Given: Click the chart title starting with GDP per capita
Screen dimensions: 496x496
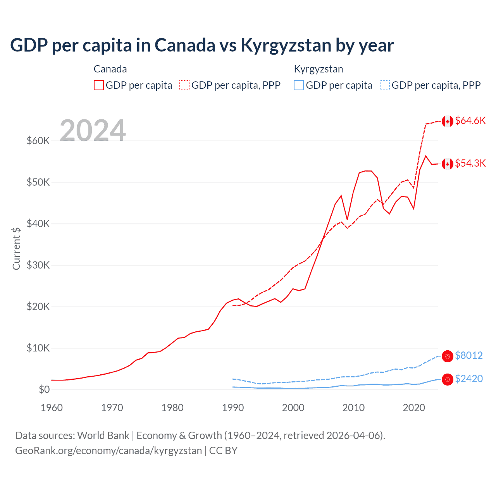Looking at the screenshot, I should coord(201,45).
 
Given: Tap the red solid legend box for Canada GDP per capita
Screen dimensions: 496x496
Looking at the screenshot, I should coord(99,85).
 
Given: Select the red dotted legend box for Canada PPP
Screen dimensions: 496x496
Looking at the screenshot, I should coord(184,85).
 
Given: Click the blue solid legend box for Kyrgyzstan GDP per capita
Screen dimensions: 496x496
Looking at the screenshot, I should coord(299,85).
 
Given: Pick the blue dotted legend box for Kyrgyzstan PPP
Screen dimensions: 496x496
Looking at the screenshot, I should coord(385,85).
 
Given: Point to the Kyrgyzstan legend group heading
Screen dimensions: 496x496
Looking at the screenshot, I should coord(319,69).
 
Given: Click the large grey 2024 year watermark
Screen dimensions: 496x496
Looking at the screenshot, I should coord(93,131).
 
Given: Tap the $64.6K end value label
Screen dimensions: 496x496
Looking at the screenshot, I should coord(470,121).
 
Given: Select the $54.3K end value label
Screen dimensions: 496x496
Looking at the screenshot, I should coord(470,164).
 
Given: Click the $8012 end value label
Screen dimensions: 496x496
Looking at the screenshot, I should coord(468,356).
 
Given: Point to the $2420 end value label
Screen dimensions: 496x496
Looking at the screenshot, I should coord(468,379).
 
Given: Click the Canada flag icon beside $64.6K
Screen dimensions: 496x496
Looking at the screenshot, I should coord(448,121).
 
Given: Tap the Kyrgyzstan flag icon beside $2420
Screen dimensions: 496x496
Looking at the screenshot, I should coord(448,379).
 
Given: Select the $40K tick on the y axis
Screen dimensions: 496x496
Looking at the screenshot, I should coord(38,224).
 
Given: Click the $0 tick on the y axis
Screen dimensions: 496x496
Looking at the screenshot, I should coord(44,389).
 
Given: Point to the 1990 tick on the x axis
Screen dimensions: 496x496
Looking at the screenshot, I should coord(233,408).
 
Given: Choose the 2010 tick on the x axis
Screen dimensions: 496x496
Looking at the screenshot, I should coord(353,408).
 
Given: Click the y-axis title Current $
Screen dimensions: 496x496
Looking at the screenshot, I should coord(16,248).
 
